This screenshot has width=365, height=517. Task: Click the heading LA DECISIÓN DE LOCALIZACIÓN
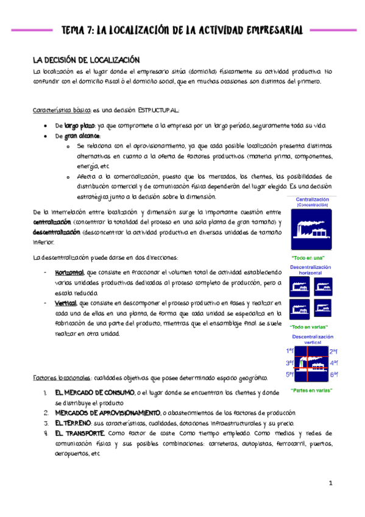(87, 60)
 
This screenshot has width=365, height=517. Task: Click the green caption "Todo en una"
(311, 257)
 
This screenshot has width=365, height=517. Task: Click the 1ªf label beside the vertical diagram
(289, 351)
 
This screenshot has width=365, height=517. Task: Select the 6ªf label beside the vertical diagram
(334, 374)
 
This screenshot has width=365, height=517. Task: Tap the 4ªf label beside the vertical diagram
(334, 363)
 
